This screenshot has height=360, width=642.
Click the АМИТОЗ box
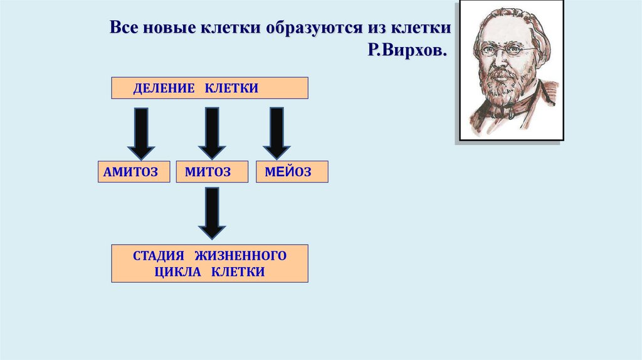pyautogui.click(x=134, y=172)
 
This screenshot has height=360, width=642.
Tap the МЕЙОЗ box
pyautogui.click(x=292, y=172)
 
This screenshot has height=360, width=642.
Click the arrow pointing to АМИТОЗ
pyautogui.click(x=142, y=134)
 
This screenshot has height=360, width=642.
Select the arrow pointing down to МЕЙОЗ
pyautogui.click(x=276, y=134)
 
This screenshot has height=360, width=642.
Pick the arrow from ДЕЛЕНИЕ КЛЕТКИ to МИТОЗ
pyautogui.click(x=212, y=134)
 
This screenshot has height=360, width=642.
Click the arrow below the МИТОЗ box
pyautogui.click(x=212, y=213)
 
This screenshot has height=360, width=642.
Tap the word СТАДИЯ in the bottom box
pyautogui.click(x=159, y=256)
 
